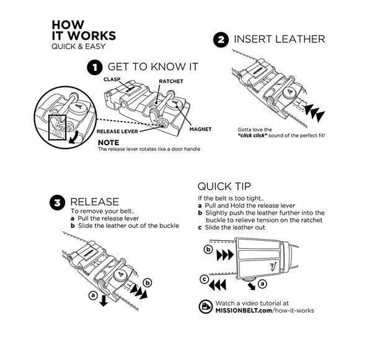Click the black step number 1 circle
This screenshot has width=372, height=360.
pos(95,68)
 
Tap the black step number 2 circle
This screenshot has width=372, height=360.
pos(221,40)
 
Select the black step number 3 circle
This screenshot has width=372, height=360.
pos(58,203)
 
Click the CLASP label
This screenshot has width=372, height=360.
pos(112,79)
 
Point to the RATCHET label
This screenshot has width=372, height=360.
pos(171,81)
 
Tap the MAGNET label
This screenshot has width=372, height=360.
pos(200,129)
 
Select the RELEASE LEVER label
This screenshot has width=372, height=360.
pos(117,132)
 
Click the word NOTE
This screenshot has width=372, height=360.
pos(108,143)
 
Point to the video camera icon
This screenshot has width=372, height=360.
pos(205,307)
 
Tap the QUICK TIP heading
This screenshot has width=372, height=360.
pos(224,186)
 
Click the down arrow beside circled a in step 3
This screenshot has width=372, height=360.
pos(104,300)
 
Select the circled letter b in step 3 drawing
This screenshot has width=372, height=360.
pos(148,283)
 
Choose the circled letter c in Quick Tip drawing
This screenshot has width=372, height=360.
pos(204,279)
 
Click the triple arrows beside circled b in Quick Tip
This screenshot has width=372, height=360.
pos(225,255)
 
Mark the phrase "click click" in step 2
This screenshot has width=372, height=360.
pos(252,135)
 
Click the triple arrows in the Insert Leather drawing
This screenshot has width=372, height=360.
pos(315,113)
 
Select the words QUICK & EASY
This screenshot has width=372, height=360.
pos(79,47)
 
